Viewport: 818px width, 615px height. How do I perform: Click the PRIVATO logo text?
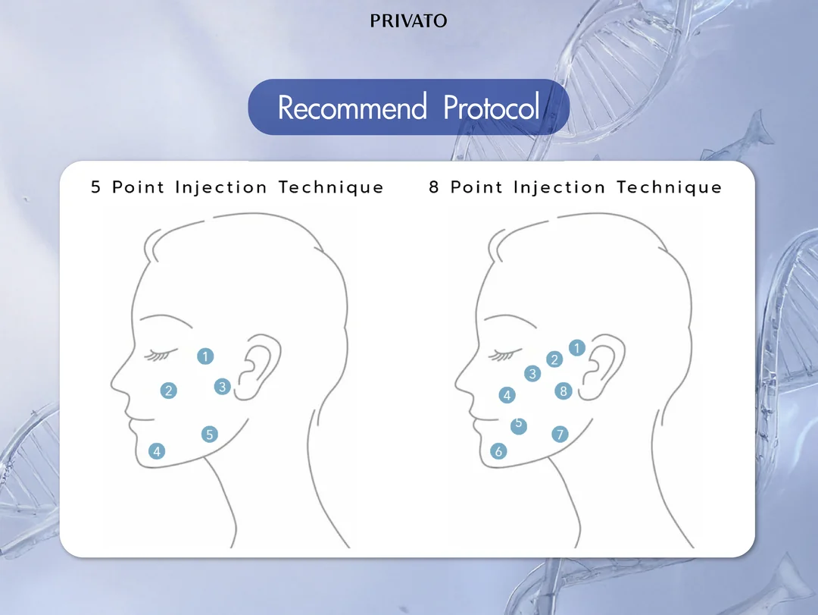(x=408, y=21)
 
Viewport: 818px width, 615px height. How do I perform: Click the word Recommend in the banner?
(x=352, y=107)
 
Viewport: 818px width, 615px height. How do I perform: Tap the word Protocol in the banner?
(x=491, y=107)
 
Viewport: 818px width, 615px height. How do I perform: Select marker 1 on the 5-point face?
(x=205, y=356)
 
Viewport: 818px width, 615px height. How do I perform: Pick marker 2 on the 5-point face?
(x=168, y=391)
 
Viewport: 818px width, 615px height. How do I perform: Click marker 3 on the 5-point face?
(x=223, y=387)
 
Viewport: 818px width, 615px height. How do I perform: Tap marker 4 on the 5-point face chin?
(x=157, y=451)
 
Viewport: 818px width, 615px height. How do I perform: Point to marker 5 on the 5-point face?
(x=210, y=435)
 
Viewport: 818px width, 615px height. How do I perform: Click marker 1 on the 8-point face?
(x=577, y=347)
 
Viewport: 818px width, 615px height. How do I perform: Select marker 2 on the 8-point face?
(x=554, y=359)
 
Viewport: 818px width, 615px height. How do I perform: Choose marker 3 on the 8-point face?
(x=532, y=374)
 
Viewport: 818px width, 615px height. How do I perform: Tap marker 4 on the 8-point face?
(x=507, y=395)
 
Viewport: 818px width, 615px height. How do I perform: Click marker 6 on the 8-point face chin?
(x=498, y=451)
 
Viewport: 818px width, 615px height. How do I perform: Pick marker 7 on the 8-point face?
(x=560, y=435)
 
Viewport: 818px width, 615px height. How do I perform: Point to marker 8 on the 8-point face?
(x=564, y=391)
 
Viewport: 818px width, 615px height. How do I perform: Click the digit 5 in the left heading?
(x=95, y=187)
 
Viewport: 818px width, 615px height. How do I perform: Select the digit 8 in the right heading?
(x=434, y=187)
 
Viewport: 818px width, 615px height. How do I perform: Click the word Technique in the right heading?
(x=670, y=187)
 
